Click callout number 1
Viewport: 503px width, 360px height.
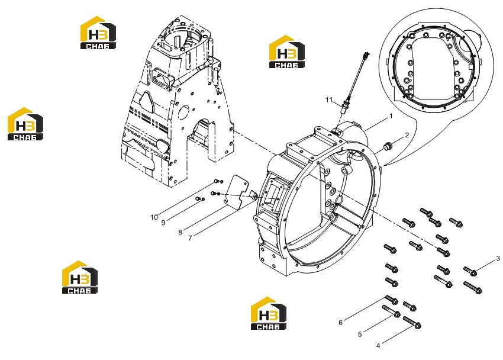click(391, 116)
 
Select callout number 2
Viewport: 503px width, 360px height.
click(407, 135)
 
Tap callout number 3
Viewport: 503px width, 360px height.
click(498, 258)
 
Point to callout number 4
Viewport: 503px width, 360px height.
click(378, 346)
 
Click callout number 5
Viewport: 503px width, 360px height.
click(360, 335)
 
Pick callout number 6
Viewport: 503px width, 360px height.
click(341, 323)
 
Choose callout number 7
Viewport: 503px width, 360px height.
click(190, 238)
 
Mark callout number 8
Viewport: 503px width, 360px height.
click(180, 232)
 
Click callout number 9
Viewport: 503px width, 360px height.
click(163, 223)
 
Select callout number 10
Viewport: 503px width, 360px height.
click(154, 217)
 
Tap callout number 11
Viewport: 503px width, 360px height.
click(329, 100)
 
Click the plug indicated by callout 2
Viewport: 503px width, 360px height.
click(387, 147)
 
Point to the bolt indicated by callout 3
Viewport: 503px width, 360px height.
click(470, 271)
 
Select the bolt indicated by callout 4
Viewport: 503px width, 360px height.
click(412, 322)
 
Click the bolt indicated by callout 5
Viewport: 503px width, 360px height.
click(391, 311)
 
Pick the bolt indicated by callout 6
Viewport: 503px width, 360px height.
click(392, 300)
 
